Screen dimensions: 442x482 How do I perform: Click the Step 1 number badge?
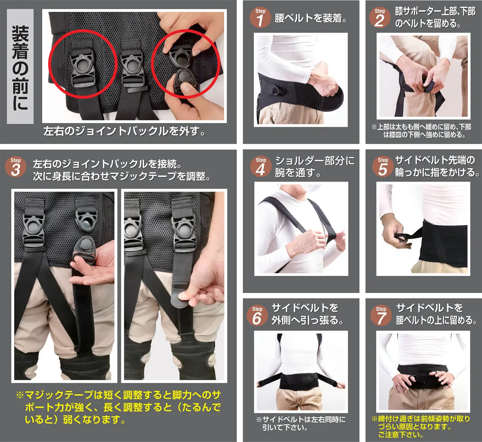coord(260,18)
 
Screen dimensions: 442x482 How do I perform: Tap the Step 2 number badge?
coord(380,18)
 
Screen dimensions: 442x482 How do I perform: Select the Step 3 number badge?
coord(15,167)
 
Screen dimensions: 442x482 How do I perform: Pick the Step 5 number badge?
coord(383,167)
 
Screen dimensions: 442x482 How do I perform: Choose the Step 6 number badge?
coord(257,315)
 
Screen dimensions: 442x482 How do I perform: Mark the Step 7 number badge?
coord(381,315)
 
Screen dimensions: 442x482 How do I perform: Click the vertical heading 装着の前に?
coord(20,67)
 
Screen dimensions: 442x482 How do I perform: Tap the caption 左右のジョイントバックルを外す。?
coord(124,131)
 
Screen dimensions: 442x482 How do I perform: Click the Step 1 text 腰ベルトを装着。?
coord(311,18)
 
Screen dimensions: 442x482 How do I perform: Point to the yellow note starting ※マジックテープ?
coord(118,407)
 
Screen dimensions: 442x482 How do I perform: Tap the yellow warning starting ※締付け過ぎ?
coord(420,426)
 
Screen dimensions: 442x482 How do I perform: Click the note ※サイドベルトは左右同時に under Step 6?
coord(300,423)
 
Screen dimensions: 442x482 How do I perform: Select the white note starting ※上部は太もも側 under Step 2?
coord(421,131)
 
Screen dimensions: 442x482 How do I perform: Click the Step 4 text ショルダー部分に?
coord(315,161)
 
